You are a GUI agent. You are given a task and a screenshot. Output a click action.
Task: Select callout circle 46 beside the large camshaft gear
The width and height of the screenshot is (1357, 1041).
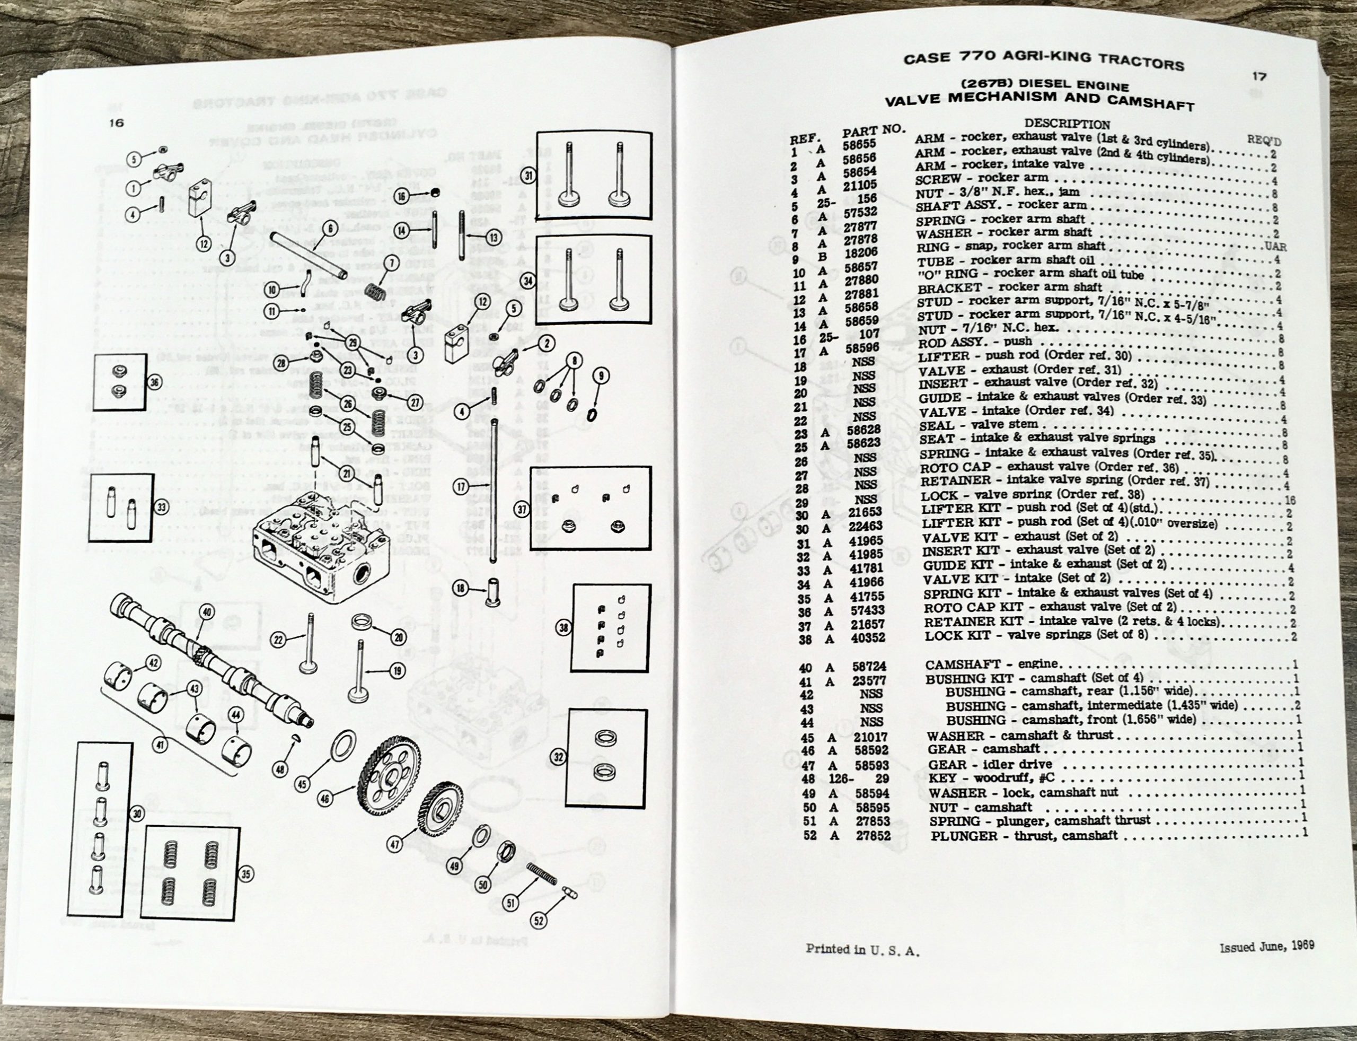pos(324,799)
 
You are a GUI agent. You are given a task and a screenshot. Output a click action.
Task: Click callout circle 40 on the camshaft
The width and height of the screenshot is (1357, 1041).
pos(206,612)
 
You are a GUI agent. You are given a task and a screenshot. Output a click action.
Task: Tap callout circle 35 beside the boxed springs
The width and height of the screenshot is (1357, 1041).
pos(246,874)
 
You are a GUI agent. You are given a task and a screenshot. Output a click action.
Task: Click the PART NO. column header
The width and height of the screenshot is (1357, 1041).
pos(873,132)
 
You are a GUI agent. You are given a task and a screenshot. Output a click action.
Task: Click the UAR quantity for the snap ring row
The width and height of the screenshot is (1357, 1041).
pos(1276,247)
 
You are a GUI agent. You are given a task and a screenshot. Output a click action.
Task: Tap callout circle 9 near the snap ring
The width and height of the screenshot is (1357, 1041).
pos(600,375)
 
